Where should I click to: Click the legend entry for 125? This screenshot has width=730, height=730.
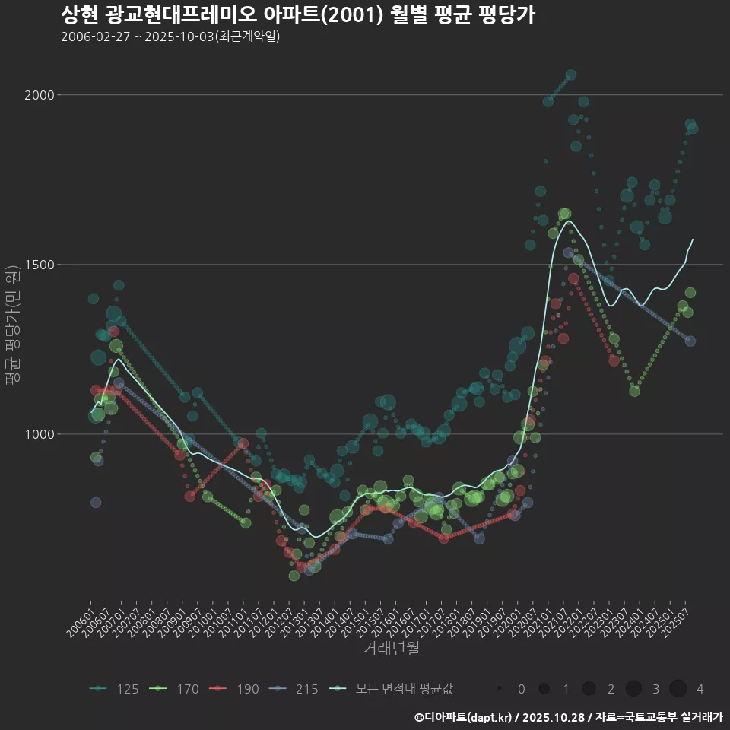[x=114, y=689]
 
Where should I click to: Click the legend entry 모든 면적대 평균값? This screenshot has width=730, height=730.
[x=392, y=689]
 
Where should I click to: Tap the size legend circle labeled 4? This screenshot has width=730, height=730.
[x=678, y=689]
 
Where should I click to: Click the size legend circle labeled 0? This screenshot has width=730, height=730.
[x=500, y=689]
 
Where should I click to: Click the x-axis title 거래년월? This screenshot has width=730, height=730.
[x=391, y=648]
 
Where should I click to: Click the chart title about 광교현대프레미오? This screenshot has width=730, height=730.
[x=297, y=15]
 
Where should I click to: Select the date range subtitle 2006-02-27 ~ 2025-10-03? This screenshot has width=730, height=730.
[x=170, y=36]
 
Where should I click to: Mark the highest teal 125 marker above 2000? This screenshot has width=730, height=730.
[x=571, y=75]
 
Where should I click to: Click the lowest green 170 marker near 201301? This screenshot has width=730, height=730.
[x=294, y=576]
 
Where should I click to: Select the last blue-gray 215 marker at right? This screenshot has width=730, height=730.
[x=690, y=341]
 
